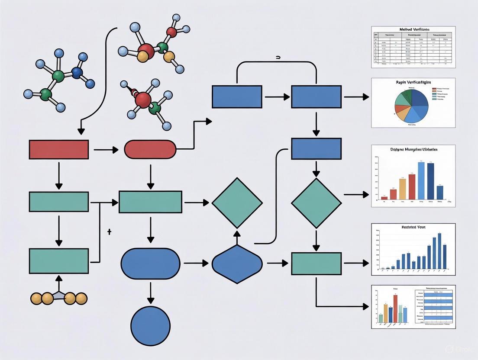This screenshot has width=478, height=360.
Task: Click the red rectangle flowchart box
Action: (x=58, y=149)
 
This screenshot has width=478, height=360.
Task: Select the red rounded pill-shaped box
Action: (x=150, y=149)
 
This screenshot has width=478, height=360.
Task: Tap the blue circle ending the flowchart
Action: (x=150, y=326)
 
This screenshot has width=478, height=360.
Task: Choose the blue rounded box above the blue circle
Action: (x=150, y=264)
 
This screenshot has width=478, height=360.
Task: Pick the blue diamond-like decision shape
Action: (x=237, y=264)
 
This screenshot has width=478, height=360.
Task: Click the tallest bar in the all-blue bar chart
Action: (x=439, y=251)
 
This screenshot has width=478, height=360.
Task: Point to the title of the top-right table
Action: (x=413, y=29)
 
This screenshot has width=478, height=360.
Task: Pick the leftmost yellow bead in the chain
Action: (x=36, y=298)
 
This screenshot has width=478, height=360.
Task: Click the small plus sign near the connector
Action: (x=109, y=232)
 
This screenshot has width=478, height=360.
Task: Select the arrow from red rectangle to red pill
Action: (x=106, y=150)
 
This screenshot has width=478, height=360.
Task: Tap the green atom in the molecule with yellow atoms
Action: (x=163, y=47)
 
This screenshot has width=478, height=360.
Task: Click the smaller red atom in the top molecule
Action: (x=171, y=32)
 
